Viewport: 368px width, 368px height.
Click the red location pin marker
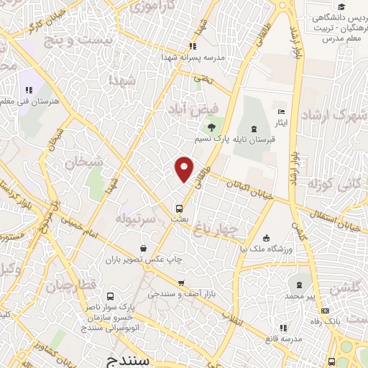[185, 168]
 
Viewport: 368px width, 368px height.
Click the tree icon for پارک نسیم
[211, 126]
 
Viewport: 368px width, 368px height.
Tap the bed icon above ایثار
[281, 112]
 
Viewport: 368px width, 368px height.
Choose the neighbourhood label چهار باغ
[218, 229]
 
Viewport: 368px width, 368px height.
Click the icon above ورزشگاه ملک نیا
[267, 239]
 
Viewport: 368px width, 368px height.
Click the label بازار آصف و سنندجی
[181, 294]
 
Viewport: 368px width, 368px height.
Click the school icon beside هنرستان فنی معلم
[29, 90]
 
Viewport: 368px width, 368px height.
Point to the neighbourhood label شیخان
[79, 163]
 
